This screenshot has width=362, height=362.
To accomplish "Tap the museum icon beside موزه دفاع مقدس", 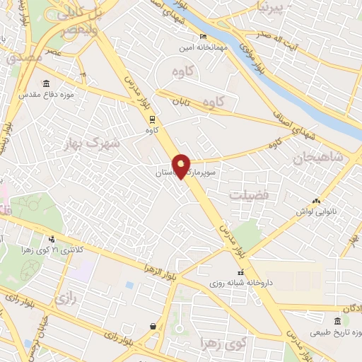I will (x=46, y=83).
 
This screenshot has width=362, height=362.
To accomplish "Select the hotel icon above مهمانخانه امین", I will (x=204, y=37).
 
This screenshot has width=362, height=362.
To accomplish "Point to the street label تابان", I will (x=180, y=102).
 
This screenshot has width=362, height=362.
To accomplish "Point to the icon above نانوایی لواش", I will (x=315, y=202).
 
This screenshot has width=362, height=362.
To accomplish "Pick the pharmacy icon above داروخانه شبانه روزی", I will (x=240, y=273).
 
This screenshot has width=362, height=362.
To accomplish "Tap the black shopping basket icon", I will (x=153, y=326).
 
